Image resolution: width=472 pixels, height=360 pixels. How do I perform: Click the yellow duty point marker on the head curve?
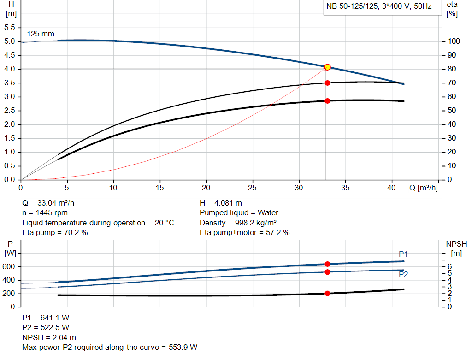tap(327, 67)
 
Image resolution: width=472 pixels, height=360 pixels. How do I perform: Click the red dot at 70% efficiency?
tap(327, 83)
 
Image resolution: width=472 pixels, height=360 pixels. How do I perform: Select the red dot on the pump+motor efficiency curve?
tap(327, 101)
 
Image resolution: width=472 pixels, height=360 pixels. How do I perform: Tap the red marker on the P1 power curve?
tap(327, 264)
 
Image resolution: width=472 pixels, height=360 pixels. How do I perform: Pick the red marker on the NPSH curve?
tap(327, 293)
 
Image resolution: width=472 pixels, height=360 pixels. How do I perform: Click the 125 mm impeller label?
tap(41, 34)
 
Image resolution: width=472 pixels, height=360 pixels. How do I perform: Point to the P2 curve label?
tap(403, 274)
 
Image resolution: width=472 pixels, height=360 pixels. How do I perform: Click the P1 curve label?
tap(403, 254)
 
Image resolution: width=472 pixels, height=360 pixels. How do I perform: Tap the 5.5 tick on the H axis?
tap(9, 28)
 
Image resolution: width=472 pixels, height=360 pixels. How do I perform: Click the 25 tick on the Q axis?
tap(253, 188)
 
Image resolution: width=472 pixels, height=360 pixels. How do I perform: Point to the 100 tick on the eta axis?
tap(453, 41)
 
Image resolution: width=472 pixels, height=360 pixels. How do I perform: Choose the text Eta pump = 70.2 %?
tap(55, 233)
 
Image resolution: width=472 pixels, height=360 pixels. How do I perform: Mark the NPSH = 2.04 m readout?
tap(49, 337)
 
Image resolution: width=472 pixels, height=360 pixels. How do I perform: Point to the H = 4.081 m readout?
tap(221, 203)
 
